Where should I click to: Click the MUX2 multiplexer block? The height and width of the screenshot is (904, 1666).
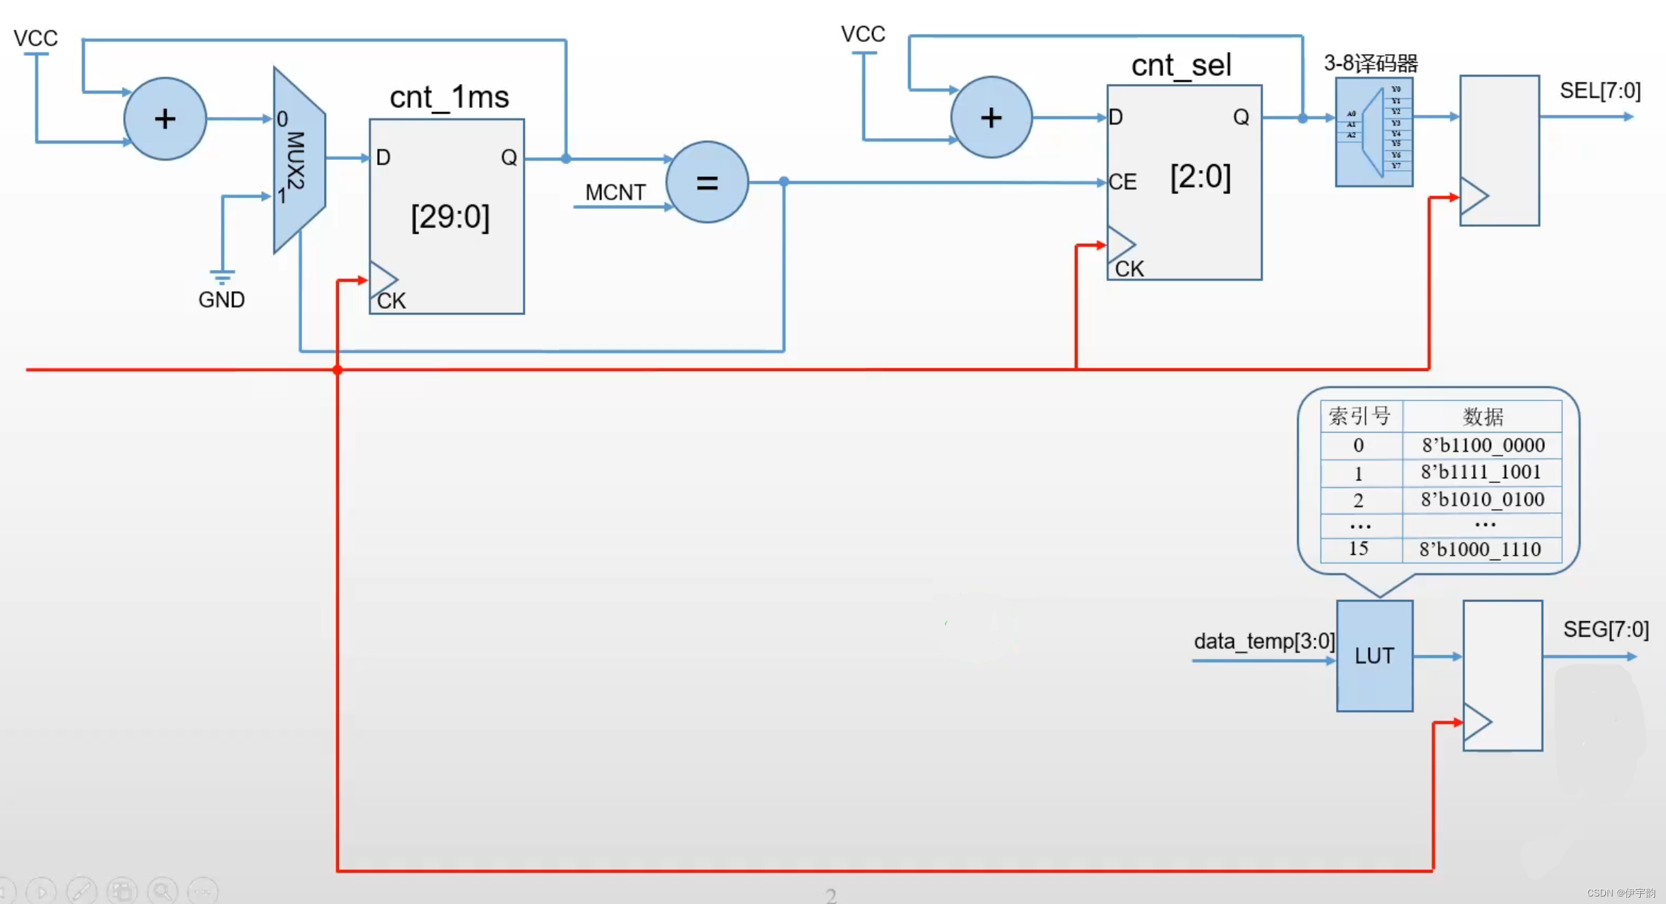[x=299, y=160]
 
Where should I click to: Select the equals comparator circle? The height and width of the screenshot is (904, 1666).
[x=707, y=182]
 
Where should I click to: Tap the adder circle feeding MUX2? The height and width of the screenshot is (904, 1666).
[x=165, y=119]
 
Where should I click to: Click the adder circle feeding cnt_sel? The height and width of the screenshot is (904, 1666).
[x=991, y=118]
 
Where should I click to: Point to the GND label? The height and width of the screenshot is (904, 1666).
[x=221, y=300]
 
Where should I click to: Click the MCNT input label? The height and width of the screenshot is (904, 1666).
[x=615, y=193]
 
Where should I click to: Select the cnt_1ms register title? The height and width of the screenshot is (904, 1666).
[x=449, y=97]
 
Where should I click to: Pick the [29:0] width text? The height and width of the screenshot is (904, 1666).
[x=450, y=217]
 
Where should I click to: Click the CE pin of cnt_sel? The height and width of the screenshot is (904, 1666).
[x=1123, y=182]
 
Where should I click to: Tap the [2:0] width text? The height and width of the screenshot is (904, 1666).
[x=1201, y=177]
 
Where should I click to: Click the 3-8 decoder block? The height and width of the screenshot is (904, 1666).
[x=1374, y=132]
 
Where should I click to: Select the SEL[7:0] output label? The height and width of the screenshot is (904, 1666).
[x=1600, y=91]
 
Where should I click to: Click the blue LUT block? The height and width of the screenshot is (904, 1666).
[x=1374, y=656]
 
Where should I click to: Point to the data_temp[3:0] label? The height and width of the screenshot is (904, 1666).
[x=1264, y=641]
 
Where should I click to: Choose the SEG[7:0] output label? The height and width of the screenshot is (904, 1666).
[x=1605, y=629]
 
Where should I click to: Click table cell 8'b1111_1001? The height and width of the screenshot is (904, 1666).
[x=1481, y=472]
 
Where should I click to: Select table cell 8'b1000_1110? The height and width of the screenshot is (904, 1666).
[x=1480, y=549]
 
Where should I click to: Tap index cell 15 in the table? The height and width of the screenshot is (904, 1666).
[x=1358, y=549]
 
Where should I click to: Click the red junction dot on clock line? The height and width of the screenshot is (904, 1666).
[x=338, y=370]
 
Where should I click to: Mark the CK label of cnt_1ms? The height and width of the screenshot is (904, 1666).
[x=392, y=301]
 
